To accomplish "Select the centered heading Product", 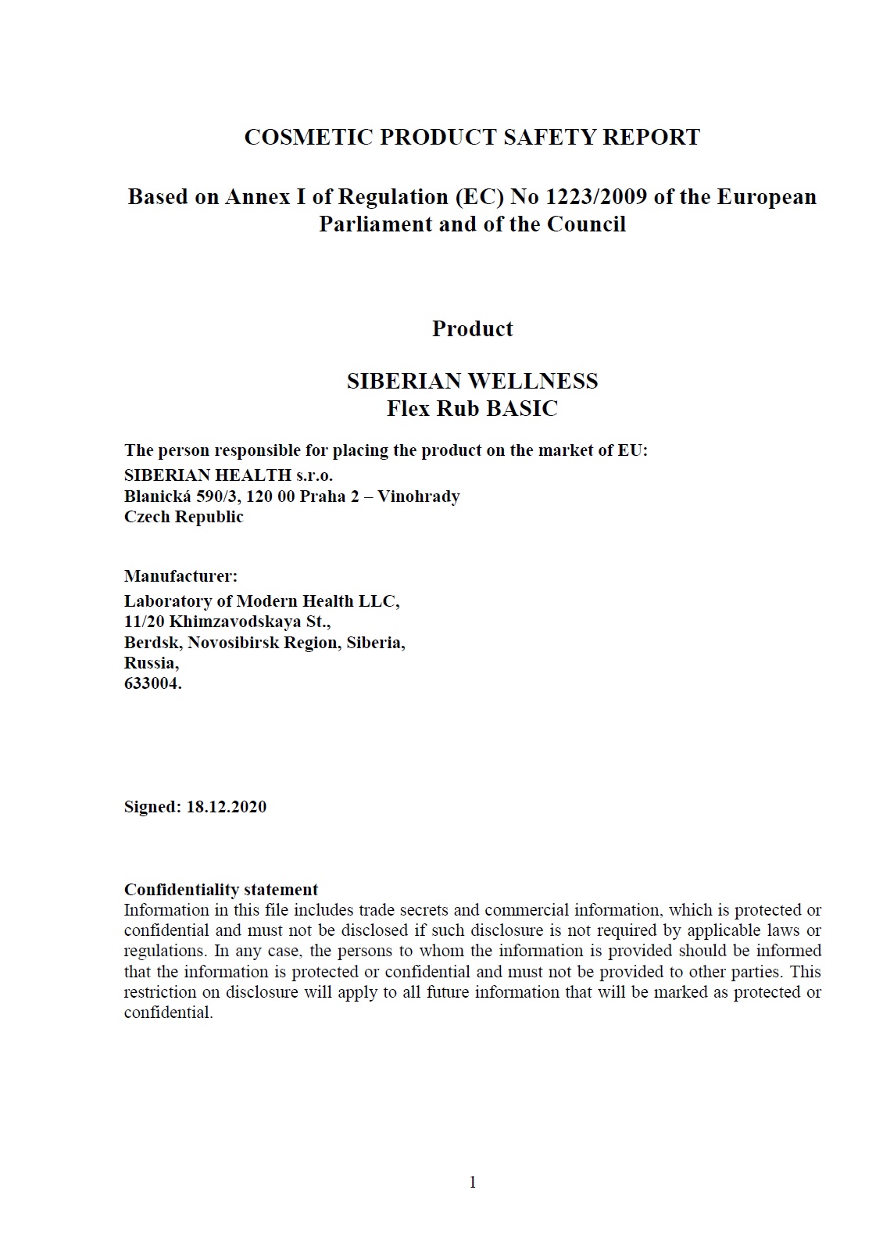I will (472, 328).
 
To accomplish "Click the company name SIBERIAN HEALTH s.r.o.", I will (228, 475).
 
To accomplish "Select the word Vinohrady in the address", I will (419, 496).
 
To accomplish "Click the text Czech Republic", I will (184, 517).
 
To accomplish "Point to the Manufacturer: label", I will (181, 576).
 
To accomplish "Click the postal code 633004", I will (152, 683).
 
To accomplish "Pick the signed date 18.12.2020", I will (226, 807).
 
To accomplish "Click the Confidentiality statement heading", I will (221, 890).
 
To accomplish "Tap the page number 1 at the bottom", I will (472, 1182).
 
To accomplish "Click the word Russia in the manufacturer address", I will (150, 663).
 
